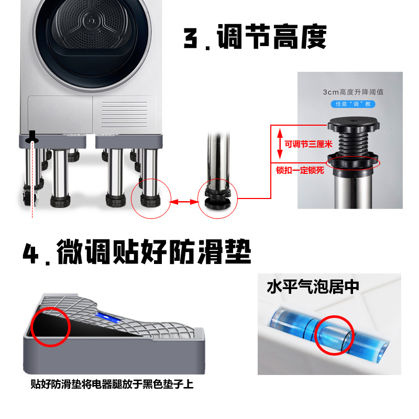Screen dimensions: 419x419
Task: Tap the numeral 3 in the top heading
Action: coord(193,38)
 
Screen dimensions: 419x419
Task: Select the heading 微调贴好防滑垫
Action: coord(154,252)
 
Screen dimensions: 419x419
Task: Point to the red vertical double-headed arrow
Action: coord(280,144)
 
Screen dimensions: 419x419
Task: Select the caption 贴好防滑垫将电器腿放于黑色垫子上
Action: coord(112,385)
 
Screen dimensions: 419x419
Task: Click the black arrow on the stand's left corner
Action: coord(33,137)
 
